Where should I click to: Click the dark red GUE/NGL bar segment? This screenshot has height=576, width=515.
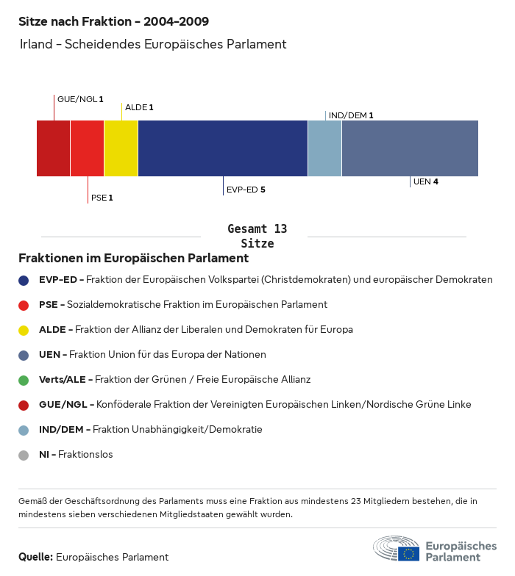click(x=53, y=148)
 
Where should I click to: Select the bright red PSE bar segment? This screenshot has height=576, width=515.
click(x=87, y=148)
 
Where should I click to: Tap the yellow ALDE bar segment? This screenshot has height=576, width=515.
click(x=121, y=148)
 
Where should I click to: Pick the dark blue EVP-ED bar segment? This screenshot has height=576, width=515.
click(x=222, y=148)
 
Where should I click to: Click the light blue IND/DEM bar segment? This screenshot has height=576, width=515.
click(x=324, y=148)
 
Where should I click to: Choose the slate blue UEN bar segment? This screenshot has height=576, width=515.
click(x=410, y=148)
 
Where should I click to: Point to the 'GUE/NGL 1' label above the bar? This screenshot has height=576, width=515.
click(x=80, y=99)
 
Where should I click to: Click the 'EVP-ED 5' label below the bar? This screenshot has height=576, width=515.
click(x=246, y=190)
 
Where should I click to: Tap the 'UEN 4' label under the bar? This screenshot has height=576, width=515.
click(x=426, y=181)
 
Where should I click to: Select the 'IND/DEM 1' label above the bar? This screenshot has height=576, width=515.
click(x=351, y=115)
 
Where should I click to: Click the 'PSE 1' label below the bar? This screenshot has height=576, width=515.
click(x=102, y=198)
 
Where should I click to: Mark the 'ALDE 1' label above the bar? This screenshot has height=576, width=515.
click(x=139, y=107)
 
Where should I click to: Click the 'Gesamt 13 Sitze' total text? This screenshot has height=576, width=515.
click(x=257, y=237)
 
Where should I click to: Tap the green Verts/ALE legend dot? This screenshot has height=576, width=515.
click(x=24, y=380)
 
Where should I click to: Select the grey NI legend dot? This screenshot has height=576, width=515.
click(x=24, y=455)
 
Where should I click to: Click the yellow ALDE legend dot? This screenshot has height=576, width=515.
click(x=24, y=330)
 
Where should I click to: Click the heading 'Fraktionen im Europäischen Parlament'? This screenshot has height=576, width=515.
click(x=133, y=259)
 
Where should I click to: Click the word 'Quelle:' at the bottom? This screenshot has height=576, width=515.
click(x=35, y=557)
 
